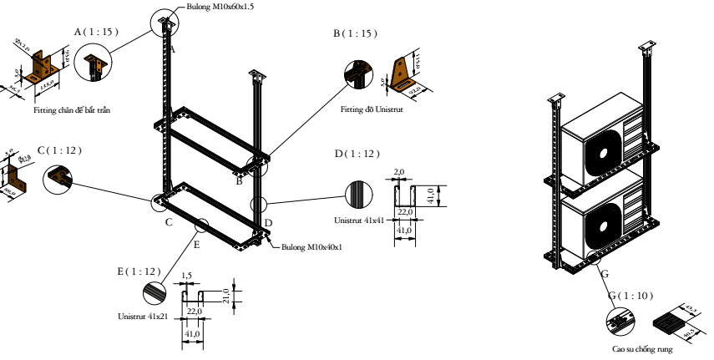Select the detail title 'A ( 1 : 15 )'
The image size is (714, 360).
click(96, 31)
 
